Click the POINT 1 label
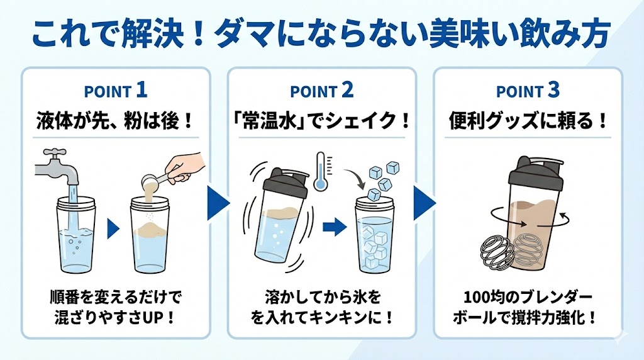[x=116, y=91]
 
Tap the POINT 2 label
[x=321, y=91]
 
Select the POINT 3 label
[x=528, y=91]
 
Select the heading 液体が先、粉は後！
[x=116, y=120]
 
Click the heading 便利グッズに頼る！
[x=528, y=120]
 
